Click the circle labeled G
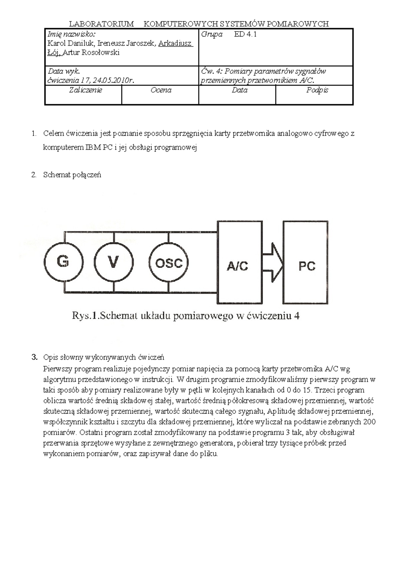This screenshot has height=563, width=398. [63, 262]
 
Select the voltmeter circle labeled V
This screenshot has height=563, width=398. [113, 262]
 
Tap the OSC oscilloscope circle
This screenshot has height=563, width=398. [169, 263]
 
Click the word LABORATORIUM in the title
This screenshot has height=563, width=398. [101, 24]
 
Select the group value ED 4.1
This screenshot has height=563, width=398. [245, 34]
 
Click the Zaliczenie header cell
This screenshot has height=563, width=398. [85, 90]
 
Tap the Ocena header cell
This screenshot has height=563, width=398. [161, 90]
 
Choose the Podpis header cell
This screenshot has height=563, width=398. [317, 90]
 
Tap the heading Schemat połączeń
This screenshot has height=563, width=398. [72, 175]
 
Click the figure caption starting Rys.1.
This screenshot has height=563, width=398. [185, 316]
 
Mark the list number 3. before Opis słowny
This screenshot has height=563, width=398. [34, 358]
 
